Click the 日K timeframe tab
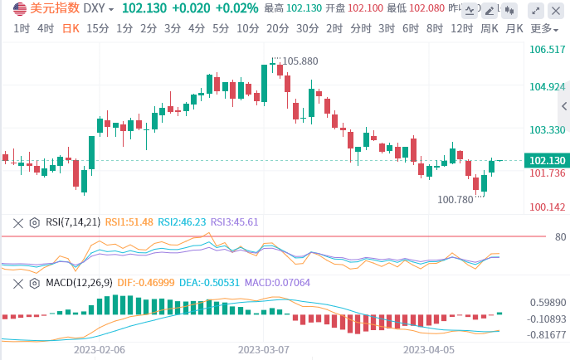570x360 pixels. pyautogui.click(x=71, y=27)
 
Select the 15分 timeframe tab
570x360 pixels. pyautogui.click(x=97, y=27)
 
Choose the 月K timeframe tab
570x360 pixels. pyautogui.click(x=514, y=27)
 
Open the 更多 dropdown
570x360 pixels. pyautogui.click(x=543, y=27)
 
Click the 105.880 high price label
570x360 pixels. pyautogui.click(x=300, y=61)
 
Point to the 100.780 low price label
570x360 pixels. pyautogui.click(x=455, y=199)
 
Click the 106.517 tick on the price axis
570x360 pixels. pyautogui.click(x=547, y=50)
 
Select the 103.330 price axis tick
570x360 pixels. pyautogui.click(x=547, y=130)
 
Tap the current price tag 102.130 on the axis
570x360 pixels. pyautogui.click(x=547, y=160)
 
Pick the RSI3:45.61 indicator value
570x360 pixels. pyautogui.click(x=235, y=222)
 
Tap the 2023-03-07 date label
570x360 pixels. pyautogui.click(x=263, y=350)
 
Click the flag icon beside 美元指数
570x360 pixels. pyautogui.click(x=19, y=8)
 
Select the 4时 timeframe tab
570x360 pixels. pyautogui.click(x=46, y=27)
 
